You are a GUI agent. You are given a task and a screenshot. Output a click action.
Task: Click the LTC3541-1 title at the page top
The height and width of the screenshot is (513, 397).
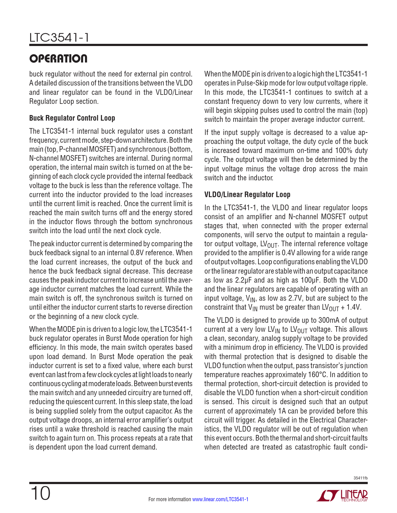[59, 38]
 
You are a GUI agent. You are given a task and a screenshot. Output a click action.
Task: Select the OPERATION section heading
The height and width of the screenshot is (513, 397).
[58, 58]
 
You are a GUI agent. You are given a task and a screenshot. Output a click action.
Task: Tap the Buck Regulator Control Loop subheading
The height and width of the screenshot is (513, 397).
[72, 118]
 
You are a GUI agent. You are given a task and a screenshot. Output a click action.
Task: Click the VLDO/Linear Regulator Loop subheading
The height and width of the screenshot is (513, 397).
[247, 195]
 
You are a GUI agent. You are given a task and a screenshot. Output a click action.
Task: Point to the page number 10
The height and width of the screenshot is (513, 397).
[40, 493]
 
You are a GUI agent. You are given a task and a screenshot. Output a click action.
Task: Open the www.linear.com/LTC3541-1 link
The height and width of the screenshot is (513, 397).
[220, 499]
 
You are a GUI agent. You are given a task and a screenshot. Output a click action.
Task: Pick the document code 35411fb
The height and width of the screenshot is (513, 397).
[361, 478]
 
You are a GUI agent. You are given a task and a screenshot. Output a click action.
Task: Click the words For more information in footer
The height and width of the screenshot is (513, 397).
[170, 499]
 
